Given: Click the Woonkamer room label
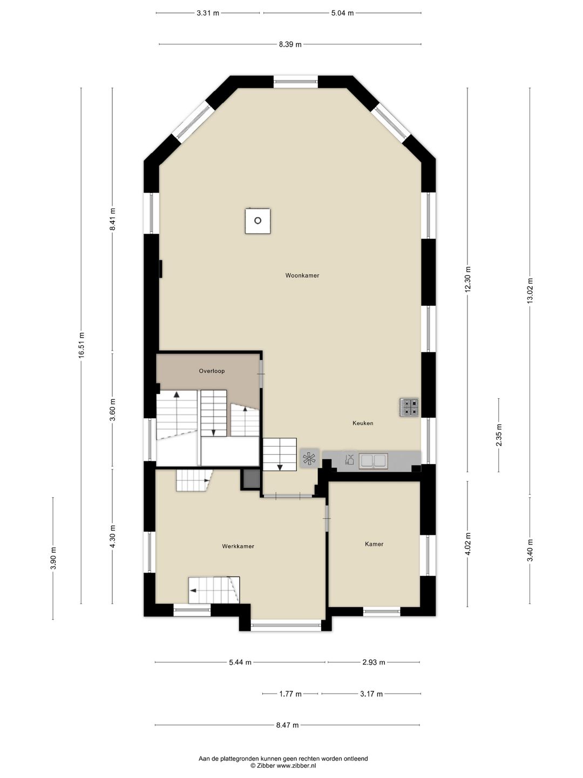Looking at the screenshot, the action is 302,276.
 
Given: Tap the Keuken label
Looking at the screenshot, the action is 363,423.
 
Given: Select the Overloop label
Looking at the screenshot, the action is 212,371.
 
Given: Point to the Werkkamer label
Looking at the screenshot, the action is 238,546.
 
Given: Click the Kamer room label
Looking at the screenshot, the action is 374,544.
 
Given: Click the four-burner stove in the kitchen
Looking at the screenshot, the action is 410,407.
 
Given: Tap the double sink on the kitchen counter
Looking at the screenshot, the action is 374,461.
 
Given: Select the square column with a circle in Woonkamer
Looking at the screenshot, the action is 257,221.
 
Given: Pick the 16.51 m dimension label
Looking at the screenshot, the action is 82,345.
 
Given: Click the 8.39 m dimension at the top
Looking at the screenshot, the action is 290,44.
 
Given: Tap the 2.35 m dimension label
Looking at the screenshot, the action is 499,435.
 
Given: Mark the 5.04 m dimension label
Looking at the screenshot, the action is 342,14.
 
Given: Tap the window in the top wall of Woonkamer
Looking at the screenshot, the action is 296,82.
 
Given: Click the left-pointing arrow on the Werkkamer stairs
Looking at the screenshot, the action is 193,591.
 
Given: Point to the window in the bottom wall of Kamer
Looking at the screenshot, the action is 382,611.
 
